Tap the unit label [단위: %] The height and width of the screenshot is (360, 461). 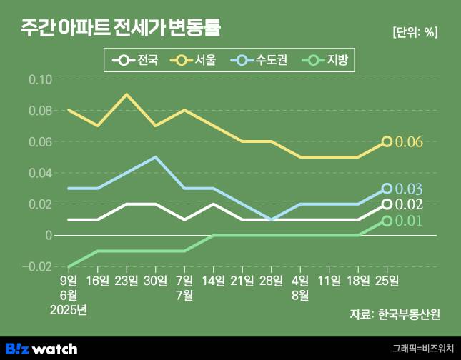point(415,32)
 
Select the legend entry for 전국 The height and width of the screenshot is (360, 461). point(136,60)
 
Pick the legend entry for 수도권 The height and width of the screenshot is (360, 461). point(259,60)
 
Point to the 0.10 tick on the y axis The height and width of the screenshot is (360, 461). point(40,79)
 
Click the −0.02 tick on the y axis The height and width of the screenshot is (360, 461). point(38,266)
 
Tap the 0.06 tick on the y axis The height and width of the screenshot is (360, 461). point(40,141)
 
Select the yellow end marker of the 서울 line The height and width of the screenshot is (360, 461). point(387,141)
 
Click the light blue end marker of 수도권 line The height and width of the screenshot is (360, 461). point(387,189)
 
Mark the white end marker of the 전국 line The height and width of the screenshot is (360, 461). point(387,204)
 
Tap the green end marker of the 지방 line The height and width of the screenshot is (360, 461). point(387,221)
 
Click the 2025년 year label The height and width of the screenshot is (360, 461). point(69,309)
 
